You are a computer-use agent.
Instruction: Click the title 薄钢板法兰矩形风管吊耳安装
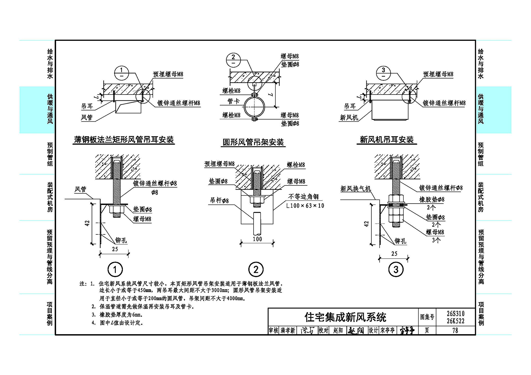124,140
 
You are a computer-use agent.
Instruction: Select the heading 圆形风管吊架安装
253,142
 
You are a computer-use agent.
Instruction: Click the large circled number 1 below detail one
115,270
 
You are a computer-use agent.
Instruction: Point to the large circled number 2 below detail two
256,269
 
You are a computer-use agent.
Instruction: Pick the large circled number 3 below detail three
396,269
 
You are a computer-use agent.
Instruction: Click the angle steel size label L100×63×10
305,206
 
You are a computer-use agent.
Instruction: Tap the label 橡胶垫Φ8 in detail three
432,200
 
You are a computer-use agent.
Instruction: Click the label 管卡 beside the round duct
234,101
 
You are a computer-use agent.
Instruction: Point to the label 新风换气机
355,189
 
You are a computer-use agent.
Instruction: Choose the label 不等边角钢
303,196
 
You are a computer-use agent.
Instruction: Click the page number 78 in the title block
455,331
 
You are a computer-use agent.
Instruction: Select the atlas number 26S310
456,314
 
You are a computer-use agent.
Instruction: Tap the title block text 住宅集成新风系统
345,317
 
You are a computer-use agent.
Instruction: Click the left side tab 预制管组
50,154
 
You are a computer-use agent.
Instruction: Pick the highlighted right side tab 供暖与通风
481,109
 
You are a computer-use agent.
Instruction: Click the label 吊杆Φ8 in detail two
219,200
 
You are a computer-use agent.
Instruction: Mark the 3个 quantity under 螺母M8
436,240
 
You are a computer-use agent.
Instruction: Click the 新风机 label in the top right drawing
349,117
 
